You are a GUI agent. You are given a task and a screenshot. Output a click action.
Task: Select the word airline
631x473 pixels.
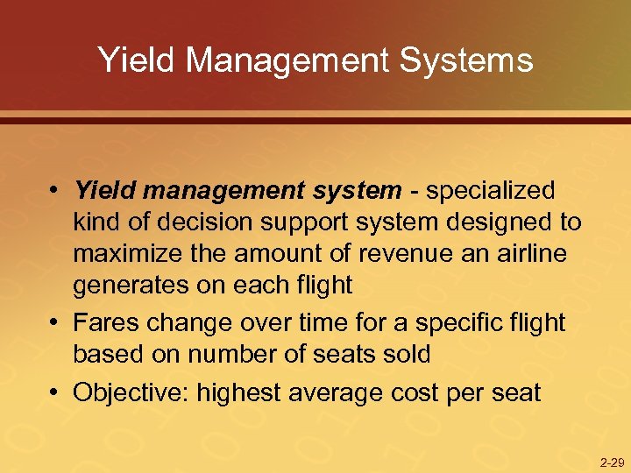click(x=530, y=254)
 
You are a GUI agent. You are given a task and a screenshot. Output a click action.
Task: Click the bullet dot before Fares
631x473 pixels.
click(x=54, y=322)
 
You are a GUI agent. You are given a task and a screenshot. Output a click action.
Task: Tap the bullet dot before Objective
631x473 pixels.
click(x=54, y=392)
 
